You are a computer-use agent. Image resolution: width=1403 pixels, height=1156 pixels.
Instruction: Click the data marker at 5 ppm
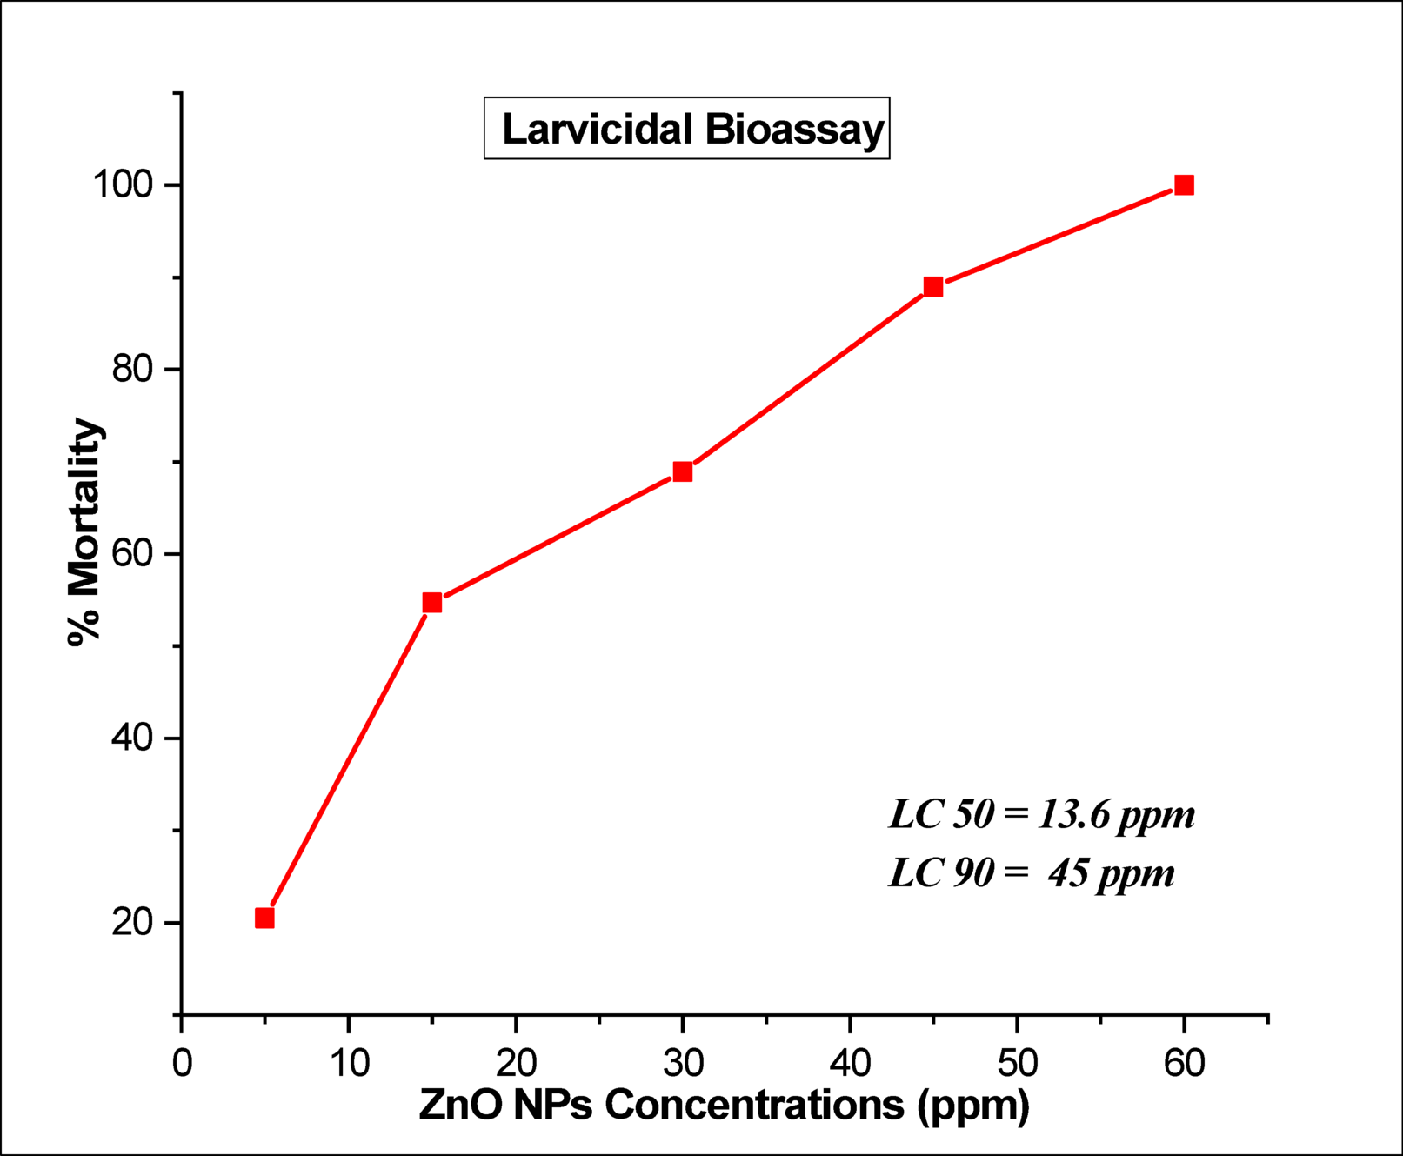coord(264,919)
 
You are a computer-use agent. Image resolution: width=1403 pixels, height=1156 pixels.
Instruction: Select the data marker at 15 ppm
coord(432,603)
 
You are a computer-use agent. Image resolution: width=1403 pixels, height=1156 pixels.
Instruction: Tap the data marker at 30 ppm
coord(683,471)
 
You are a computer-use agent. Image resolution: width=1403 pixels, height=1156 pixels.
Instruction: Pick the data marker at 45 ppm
coord(933,286)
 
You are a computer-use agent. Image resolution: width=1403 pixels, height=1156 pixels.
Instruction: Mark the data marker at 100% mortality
coord(1184,185)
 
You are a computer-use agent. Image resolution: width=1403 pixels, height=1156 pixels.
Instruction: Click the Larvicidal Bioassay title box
coord(686,129)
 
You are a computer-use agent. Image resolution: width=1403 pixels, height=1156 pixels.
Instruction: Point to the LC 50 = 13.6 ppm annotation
coord(1041,815)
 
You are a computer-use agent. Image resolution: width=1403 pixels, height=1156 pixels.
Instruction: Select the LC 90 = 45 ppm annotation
coord(1031,872)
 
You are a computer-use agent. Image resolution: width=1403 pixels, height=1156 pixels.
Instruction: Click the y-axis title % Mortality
coord(85,531)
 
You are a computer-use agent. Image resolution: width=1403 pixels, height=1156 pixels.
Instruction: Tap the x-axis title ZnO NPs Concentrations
coord(724,1105)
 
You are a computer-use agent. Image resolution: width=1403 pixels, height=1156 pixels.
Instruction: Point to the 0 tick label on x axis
coord(181,1063)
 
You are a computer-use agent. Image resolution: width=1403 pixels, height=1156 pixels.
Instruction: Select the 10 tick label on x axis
coord(349,1063)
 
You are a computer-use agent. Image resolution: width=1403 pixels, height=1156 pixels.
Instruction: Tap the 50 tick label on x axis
coord(1017,1063)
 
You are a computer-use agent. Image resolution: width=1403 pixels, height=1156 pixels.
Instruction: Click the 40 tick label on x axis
coord(850,1063)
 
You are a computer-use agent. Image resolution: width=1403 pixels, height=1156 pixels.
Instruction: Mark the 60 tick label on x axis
coord(1184,1063)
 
